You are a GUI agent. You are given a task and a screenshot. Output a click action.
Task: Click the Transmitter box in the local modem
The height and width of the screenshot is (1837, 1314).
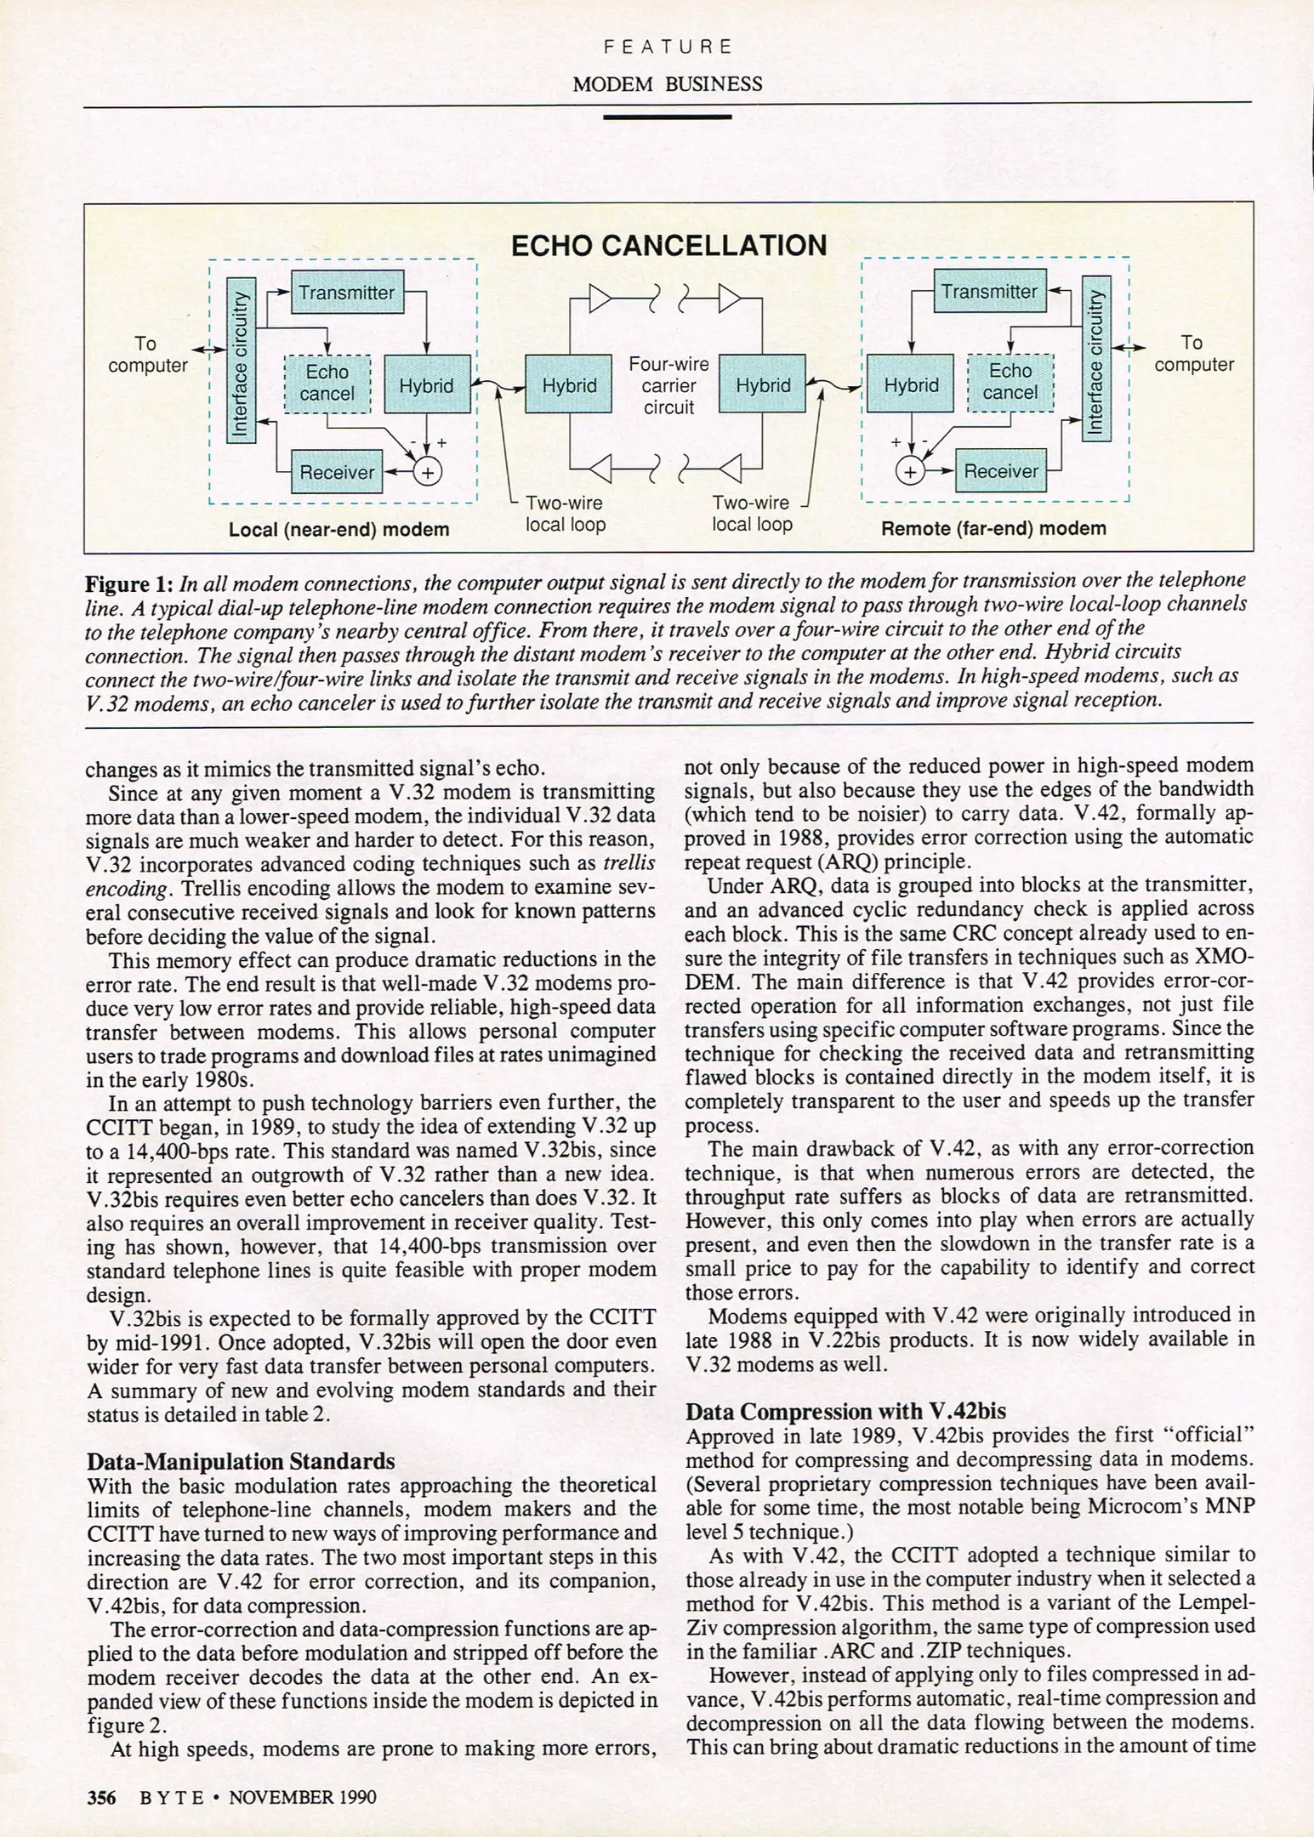coord(347,293)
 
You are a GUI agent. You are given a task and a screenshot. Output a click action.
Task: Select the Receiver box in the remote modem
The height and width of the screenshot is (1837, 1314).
coord(1000,471)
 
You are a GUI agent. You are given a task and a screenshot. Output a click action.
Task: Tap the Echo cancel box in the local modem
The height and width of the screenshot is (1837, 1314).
coord(327,383)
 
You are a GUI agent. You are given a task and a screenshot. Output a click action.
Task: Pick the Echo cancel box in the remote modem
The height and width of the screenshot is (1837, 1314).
coord(1010,382)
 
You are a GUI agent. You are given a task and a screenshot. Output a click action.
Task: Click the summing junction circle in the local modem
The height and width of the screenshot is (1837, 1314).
coord(427,472)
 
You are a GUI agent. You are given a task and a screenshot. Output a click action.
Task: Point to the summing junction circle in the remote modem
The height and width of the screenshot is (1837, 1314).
coord(910,471)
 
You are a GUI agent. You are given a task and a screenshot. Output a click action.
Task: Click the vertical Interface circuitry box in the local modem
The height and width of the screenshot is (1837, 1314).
coord(241,361)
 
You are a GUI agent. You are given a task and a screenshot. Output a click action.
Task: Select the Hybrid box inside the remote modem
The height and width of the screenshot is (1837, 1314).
coord(911,385)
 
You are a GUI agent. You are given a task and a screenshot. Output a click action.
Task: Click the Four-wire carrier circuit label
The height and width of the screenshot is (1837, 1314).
coord(668,385)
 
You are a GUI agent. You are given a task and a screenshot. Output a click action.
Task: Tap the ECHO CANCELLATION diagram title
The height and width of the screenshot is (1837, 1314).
coord(668,246)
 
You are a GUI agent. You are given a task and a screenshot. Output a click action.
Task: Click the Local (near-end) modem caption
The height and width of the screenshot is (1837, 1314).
coord(338,530)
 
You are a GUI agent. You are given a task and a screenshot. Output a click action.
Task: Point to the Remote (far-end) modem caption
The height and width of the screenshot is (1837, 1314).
coord(993,528)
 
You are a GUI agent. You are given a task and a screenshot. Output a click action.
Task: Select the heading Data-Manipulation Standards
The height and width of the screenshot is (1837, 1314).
coord(241,1461)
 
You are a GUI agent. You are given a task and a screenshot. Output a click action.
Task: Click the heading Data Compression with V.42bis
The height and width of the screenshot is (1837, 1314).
coord(845,1411)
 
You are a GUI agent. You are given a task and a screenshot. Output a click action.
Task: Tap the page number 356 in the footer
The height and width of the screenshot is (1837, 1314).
coord(101,1797)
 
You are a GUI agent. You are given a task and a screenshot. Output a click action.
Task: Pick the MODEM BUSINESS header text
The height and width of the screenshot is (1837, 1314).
coord(667,84)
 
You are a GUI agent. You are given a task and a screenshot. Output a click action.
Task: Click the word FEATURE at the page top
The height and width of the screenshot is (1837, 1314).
coord(668,47)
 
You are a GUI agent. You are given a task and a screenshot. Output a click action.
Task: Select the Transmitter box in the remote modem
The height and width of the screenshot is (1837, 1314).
coord(989,292)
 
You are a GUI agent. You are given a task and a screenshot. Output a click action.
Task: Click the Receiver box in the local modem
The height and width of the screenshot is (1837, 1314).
coord(337,472)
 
